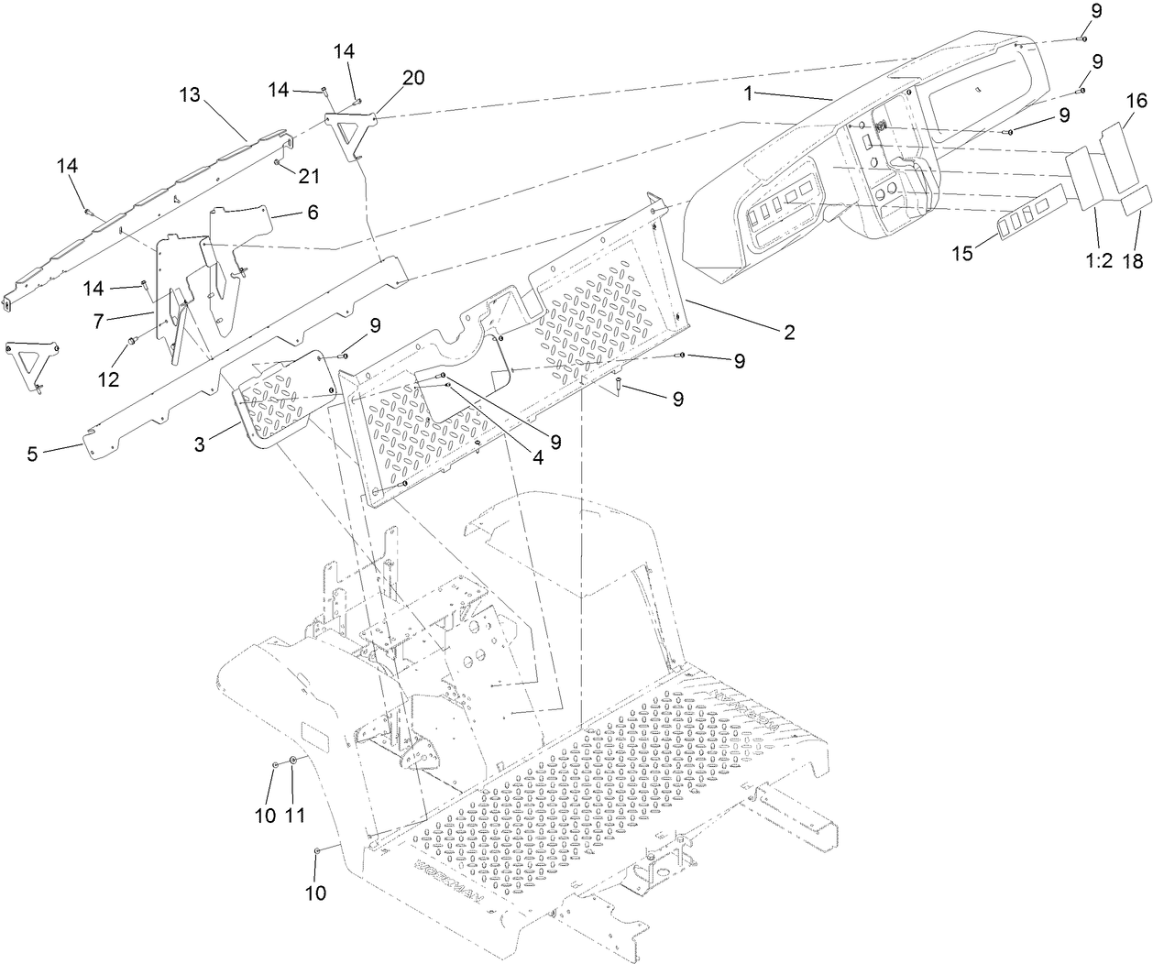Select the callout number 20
(x=412, y=78)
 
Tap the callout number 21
(x=308, y=175)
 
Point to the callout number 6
(x=313, y=212)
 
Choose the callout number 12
(x=109, y=378)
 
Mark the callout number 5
(x=33, y=453)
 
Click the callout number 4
(x=538, y=456)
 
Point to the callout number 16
(x=1135, y=99)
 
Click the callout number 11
(x=295, y=790)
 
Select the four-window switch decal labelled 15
(x=1030, y=223)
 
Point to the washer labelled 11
(x=292, y=761)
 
